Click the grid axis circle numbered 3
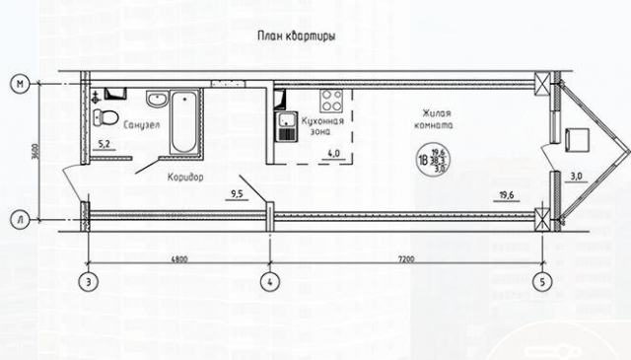click(x=90, y=281)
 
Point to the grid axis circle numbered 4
click(x=269, y=281)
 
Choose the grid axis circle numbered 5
click(x=541, y=281)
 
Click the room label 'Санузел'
click(x=142, y=126)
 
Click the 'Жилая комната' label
click(x=434, y=120)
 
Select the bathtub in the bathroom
click(x=183, y=121)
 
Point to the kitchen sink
click(x=287, y=123)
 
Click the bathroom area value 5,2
click(x=103, y=145)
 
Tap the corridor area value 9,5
click(x=237, y=194)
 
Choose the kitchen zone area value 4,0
click(x=333, y=155)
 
